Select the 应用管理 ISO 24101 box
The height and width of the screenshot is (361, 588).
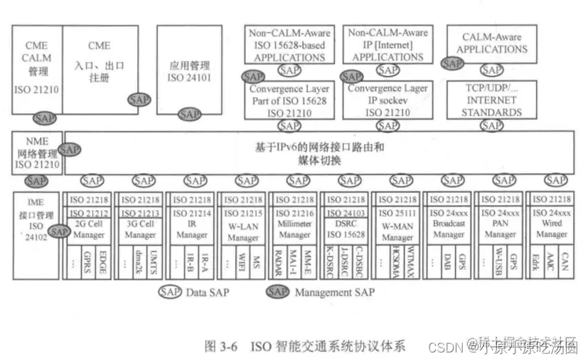coord(186,68)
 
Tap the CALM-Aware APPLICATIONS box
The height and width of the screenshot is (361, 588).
coord(491,43)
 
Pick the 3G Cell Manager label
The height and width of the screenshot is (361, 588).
coord(141,229)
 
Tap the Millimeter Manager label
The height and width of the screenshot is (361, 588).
coord(294,229)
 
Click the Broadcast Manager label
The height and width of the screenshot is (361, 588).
coord(447,229)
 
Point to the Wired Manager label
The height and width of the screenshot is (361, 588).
coord(552,229)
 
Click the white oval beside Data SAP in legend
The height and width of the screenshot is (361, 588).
coord(170,291)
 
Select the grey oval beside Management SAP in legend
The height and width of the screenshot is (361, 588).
coord(278,291)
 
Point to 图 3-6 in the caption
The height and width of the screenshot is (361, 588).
coord(222,347)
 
